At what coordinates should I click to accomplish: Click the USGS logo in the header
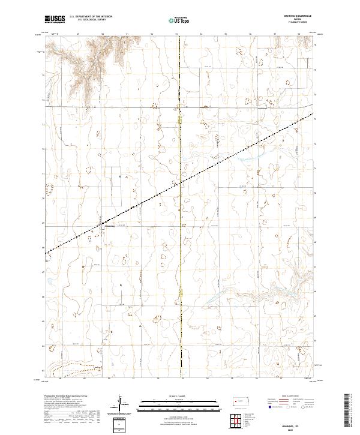pos(55,20)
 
